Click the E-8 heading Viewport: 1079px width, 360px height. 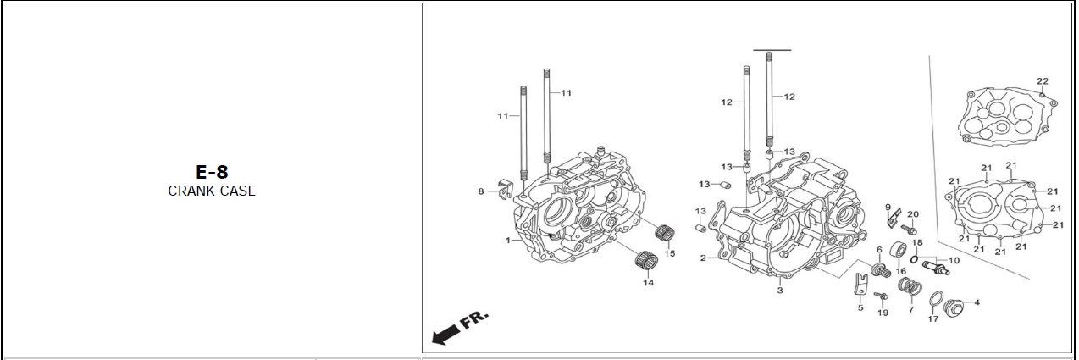point(212,172)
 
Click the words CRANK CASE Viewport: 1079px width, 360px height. point(212,191)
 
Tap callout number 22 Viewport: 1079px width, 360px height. point(1043,81)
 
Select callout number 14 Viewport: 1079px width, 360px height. point(649,282)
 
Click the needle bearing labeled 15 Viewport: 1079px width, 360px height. point(665,234)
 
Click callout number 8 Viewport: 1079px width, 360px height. point(481,191)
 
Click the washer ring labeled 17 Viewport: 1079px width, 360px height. point(936,299)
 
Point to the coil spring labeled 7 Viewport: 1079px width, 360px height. point(910,287)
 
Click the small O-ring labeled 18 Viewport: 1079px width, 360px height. point(914,259)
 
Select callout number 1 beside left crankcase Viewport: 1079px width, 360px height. point(507,240)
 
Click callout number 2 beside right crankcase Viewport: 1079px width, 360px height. point(703,258)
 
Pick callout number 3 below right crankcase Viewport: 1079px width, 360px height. point(780,291)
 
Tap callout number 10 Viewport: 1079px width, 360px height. point(954,260)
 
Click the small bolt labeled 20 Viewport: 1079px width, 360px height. point(909,230)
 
